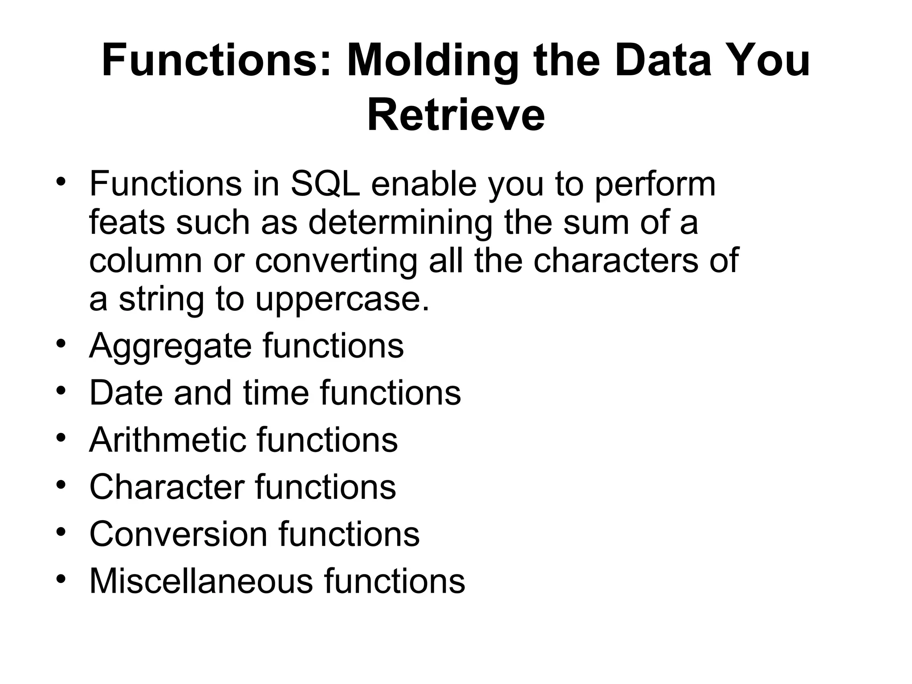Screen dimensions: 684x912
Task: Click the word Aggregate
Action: point(170,346)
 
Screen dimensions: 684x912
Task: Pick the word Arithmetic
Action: point(167,440)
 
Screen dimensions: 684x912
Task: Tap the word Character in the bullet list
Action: point(167,487)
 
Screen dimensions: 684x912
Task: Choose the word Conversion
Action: point(178,533)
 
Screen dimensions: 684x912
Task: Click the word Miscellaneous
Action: point(201,581)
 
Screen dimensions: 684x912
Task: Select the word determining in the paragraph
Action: point(400,222)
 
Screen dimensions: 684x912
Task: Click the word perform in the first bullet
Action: point(655,184)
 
